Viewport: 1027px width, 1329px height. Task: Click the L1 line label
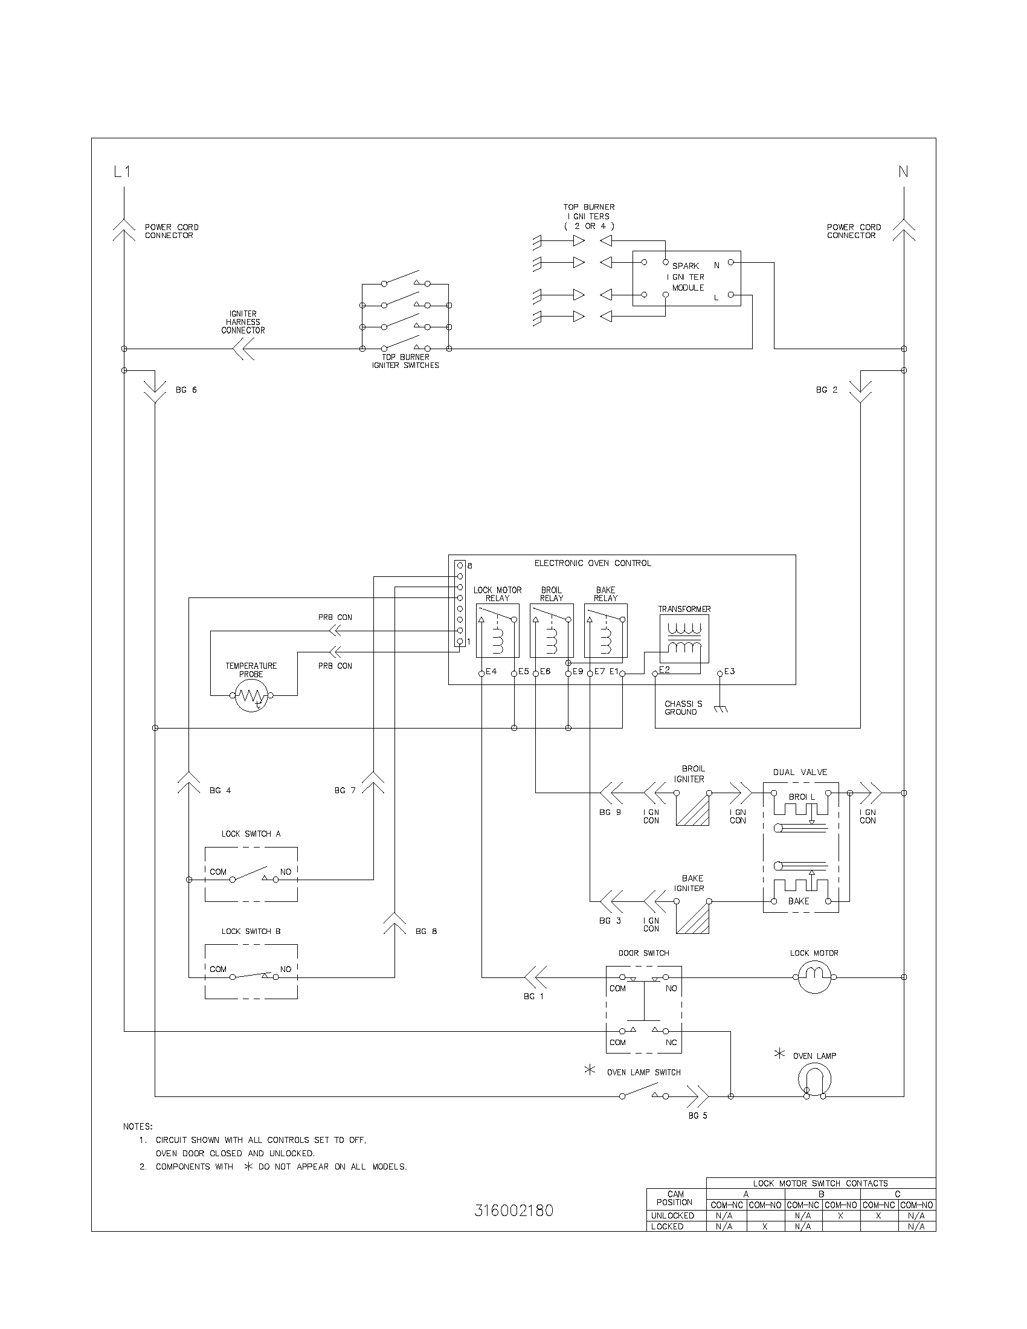pyautogui.click(x=122, y=172)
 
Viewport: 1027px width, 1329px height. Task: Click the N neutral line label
pyautogui.click(x=903, y=172)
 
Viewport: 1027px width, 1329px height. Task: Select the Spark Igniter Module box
pyautogui.click(x=686, y=277)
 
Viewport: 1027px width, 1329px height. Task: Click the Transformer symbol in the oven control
pyautogui.click(x=684, y=639)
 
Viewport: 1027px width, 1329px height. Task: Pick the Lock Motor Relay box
pyautogui.click(x=497, y=631)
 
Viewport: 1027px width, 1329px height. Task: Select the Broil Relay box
pyautogui.click(x=551, y=631)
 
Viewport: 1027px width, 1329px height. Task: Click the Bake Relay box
pyautogui.click(x=605, y=631)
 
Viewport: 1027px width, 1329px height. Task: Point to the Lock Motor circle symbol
pyautogui.click(x=814, y=977)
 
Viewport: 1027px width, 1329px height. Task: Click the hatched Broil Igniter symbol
pyautogui.click(x=692, y=809)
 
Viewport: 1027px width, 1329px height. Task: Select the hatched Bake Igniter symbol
pyautogui.click(x=692, y=917)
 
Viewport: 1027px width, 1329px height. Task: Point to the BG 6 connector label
pyautogui.click(x=186, y=390)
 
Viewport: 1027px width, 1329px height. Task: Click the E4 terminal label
pyautogui.click(x=491, y=672)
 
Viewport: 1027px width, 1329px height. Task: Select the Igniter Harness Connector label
pyautogui.click(x=243, y=322)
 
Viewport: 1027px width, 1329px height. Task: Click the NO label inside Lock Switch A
pyautogui.click(x=285, y=871)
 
